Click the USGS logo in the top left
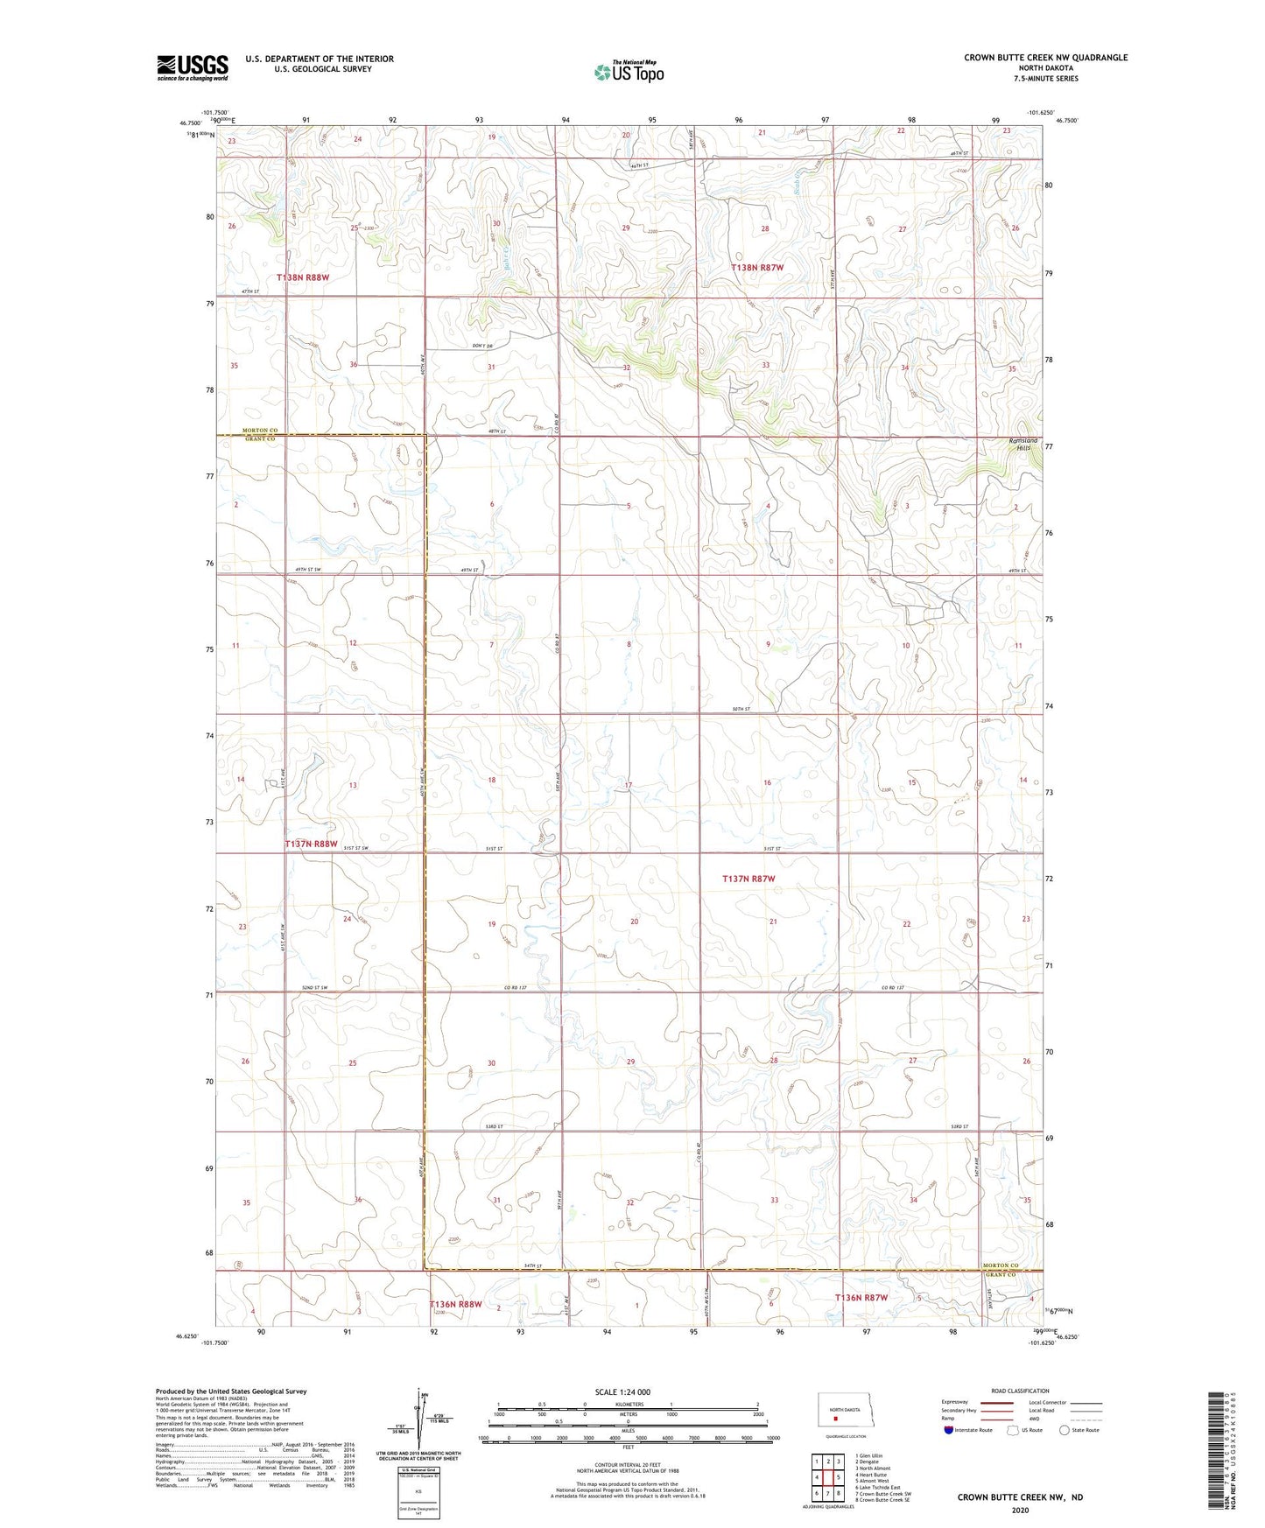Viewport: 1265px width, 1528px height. [192, 67]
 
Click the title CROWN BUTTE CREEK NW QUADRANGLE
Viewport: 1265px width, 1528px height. [1045, 58]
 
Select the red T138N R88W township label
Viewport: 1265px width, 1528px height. [303, 277]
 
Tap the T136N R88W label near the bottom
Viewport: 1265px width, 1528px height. [455, 1304]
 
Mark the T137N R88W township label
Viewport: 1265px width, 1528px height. [311, 844]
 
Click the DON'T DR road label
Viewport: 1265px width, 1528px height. [482, 347]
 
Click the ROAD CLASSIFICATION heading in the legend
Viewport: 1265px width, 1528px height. [1020, 1391]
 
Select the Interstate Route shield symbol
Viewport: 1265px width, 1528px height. [949, 1430]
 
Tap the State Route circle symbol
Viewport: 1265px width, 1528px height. [1064, 1430]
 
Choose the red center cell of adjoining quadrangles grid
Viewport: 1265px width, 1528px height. [827, 1477]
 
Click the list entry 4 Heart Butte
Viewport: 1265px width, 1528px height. [870, 1475]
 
